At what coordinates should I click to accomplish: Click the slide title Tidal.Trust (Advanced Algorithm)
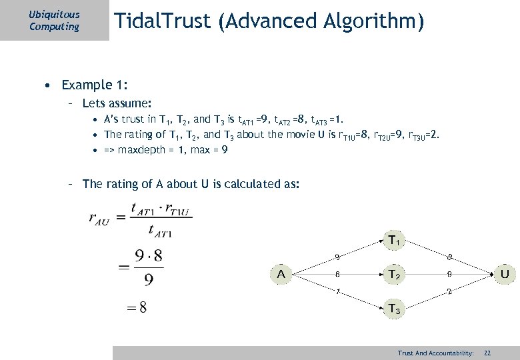click(269, 22)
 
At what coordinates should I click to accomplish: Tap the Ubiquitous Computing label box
click(55, 21)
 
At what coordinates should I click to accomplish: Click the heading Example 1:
click(95, 85)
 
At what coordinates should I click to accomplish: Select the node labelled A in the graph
click(281, 273)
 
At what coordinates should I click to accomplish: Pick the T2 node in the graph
click(395, 273)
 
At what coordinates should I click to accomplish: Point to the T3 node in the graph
click(395, 309)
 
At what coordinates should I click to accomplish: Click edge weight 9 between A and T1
click(337, 256)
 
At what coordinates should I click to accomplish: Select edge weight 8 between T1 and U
click(450, 256)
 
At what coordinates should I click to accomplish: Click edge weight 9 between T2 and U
click(450, 273)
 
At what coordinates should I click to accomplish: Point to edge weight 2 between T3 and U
click(450, 291)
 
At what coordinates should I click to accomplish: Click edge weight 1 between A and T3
click(337, 291)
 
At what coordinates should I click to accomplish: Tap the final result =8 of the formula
click(138, 307)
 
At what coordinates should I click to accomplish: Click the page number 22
click(487, 353)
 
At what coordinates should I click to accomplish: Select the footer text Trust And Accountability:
click(435, 353)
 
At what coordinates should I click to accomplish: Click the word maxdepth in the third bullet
click(141, 149)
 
